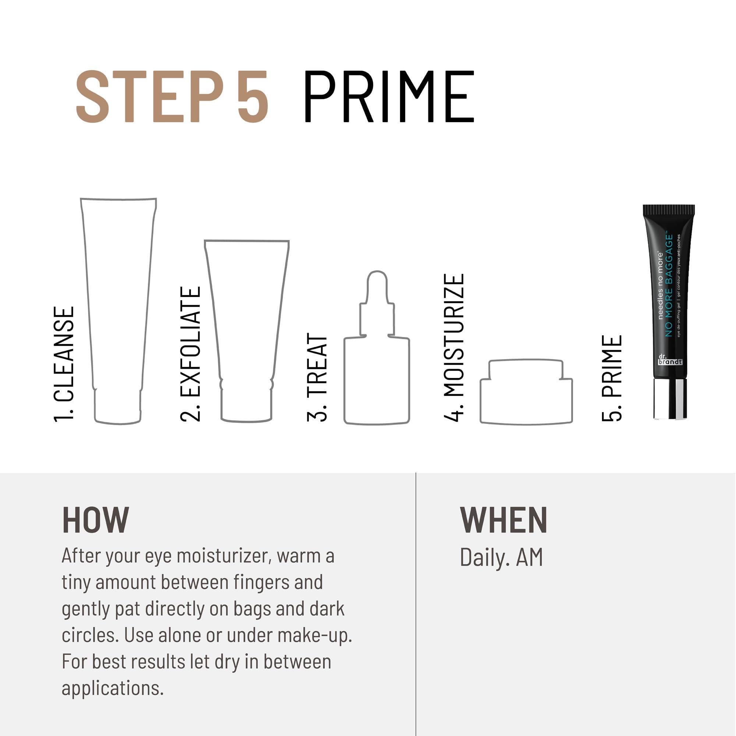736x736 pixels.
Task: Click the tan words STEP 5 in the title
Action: pos(172,97)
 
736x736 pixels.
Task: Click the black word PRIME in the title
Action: pos(388,97)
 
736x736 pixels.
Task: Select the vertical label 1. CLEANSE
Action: pos(64,365)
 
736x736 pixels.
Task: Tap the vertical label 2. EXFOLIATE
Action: pos(190,354)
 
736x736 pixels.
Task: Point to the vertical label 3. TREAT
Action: pos(317,377)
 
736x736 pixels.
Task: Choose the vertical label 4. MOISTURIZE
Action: pos(454,347)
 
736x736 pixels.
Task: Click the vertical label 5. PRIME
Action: pos(612,378)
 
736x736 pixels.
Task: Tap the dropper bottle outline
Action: pos(376,366)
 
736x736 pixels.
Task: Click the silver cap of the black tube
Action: pos(670,399)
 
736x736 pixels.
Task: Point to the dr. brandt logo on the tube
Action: pos(670,360)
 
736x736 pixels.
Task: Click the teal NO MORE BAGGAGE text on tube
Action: pos(669,286)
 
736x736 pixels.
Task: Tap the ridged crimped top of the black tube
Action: pos(669,209)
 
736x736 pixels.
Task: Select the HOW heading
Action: pos(96,520)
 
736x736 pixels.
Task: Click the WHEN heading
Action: pos(503,520)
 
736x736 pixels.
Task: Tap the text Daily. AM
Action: pos(501,557)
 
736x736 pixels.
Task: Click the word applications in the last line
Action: pos(112,688)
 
